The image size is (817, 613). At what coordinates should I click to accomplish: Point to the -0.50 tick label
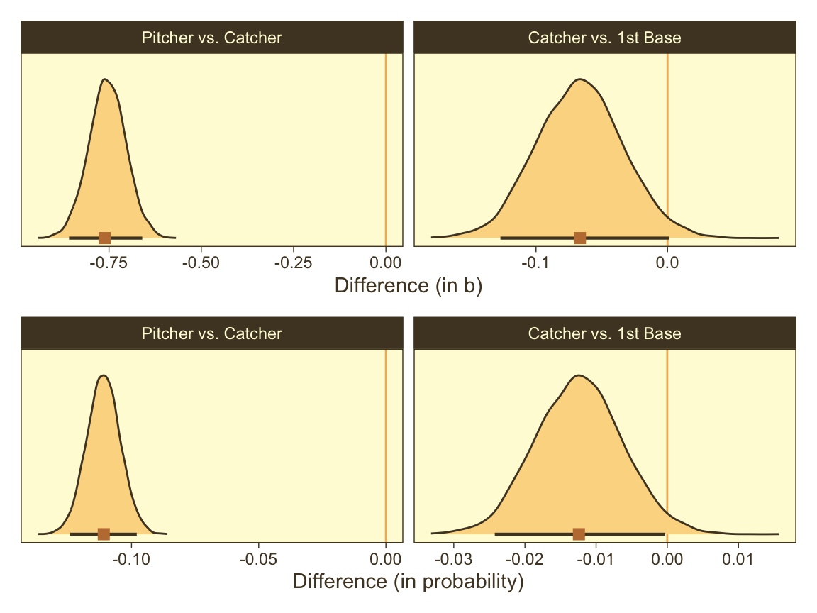click(x=201, y=262)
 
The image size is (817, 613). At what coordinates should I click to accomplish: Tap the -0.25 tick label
click(x=293, y=262)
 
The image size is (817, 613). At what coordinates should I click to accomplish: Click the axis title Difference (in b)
click(x=408, y=286)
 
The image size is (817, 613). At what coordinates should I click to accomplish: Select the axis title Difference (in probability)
click(x=408, y=582)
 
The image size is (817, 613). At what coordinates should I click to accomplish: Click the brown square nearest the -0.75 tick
click(x=105, y=238)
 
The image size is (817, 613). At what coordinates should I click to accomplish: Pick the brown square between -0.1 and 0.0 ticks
click(x=580, y=238)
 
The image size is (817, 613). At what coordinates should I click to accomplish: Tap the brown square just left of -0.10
click(x=104, y=534)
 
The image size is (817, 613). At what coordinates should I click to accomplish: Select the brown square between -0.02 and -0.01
click(x=579, y=534)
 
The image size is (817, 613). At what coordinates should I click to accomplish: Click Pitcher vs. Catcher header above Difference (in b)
click(x=212, y=38)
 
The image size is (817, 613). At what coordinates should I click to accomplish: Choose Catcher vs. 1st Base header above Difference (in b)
click(x=604, y=38)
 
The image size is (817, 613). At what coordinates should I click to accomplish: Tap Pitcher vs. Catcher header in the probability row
click(x=212, y=333)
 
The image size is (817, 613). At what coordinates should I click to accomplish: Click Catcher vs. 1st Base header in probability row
click(x=604, y=333)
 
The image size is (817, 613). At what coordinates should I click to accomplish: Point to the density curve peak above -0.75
click(x=105, y=79)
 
